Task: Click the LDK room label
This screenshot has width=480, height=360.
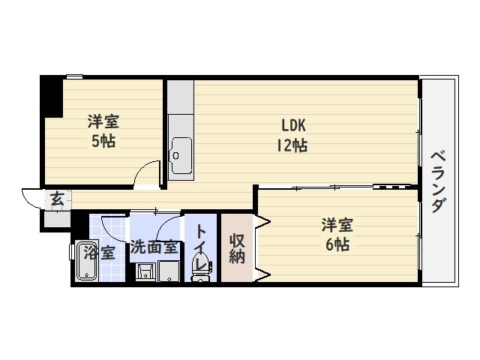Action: click(x=293, y=125)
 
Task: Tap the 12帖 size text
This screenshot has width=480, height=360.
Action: click(x=292, y=145)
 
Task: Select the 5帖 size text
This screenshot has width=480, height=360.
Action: click(x=103, y=141)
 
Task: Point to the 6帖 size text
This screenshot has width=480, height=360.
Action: click(x=337, y=244)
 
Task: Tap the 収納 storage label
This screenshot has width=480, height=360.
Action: click(x=237, y=248)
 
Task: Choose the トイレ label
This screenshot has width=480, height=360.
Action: click(x=200, y=247)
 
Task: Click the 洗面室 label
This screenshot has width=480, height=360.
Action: click(x=154, y=247)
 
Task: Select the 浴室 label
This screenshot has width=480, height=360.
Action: click(x=100, y=253)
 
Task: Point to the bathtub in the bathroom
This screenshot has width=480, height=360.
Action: click(x=86, y=261)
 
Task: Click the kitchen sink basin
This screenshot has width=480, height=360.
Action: click(x=181, y=156)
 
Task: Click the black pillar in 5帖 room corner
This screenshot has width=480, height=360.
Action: click(x=52, y=97)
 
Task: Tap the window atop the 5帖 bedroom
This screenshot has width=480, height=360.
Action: click(x=75, y=76)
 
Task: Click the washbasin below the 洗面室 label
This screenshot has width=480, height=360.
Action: click(x=146, y=271)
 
